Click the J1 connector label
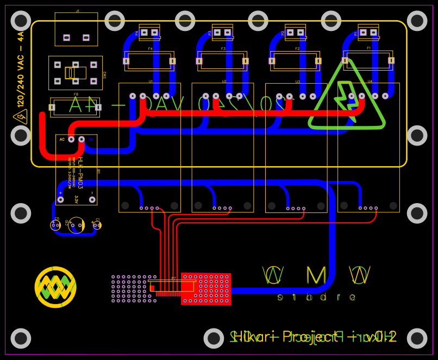(x=77, y=11)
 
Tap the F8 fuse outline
(x=75, y=107)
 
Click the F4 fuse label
(x=150, y=49)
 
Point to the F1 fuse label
(x=368, y=48)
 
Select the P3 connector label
(x=210, y=33)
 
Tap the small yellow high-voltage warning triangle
(x=20, y=116)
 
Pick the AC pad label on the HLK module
(x=62, y=140)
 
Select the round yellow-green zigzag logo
(x=55, y=287)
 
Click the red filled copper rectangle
(x=207, y=289)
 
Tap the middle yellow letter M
(x=316, y=276)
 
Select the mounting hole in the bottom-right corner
(x=417, y=338)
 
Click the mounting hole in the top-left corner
(x=21, y=21)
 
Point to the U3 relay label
(x=297, y=81)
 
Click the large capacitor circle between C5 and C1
(x=76, y=225)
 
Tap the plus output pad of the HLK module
(x=60, y=199)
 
